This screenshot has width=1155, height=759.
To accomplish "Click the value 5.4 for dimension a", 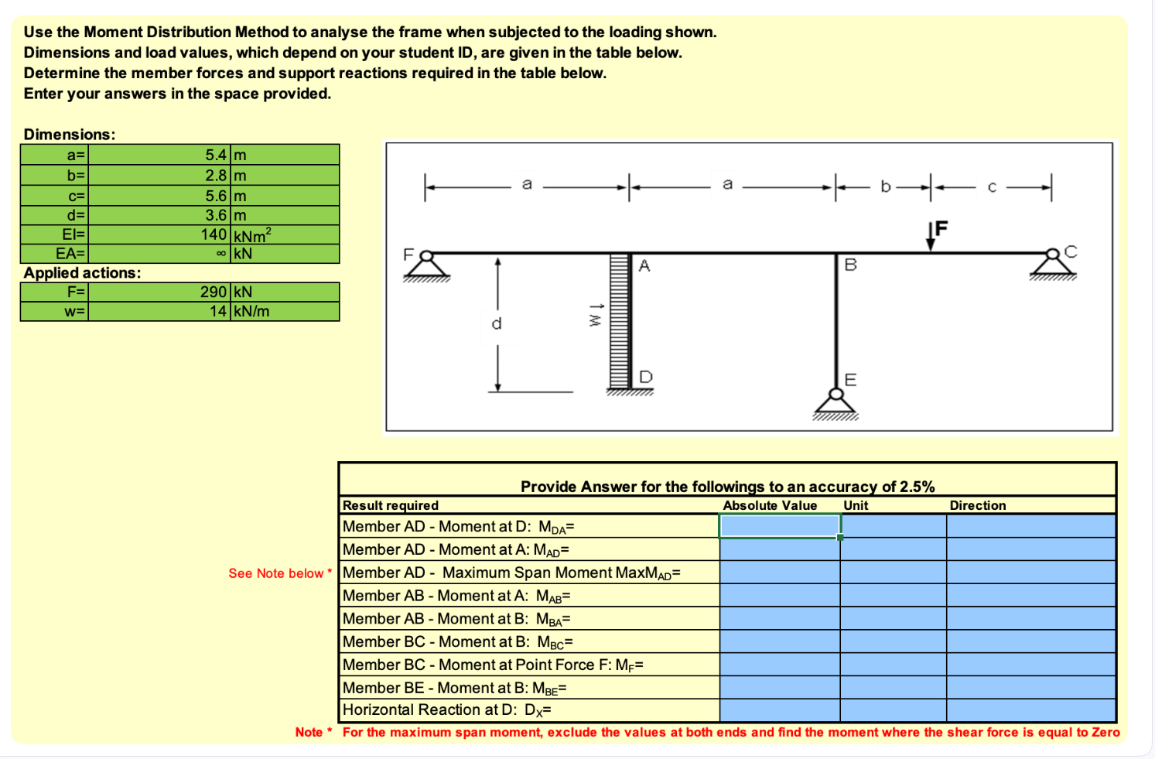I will click(x=215, y=155).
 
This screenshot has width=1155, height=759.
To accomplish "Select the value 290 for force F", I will click(x=213, y=292).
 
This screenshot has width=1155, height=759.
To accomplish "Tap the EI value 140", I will click(x=213, y=234).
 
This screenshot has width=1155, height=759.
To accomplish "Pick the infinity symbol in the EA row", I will click(x=221, y=254).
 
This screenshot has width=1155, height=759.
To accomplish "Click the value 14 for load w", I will click(x=217, y=311).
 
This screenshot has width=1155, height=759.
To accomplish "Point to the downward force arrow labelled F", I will click(x=931, y=236).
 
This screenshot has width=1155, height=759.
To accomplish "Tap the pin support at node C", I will click(x=1052, y=263).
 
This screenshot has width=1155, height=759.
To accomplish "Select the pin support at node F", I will click(x=425, y=265).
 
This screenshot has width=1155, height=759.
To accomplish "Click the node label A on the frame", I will click(x=644, y=266).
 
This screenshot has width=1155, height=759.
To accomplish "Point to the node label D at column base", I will click(x=646, y=377).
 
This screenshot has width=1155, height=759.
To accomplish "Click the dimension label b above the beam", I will click(x=885, y=186).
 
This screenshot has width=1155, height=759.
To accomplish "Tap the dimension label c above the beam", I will click(x=992, y=186).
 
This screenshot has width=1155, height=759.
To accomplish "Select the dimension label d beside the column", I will click(x=497, y=323).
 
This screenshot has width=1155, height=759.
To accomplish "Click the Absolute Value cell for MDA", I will click(x=779, y=526).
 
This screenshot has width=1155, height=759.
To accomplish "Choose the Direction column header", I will click(x=977, y=505).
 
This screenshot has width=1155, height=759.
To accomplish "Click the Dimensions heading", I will click(x=70, y=134).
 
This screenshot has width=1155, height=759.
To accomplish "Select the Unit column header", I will click(x=856, y=505).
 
